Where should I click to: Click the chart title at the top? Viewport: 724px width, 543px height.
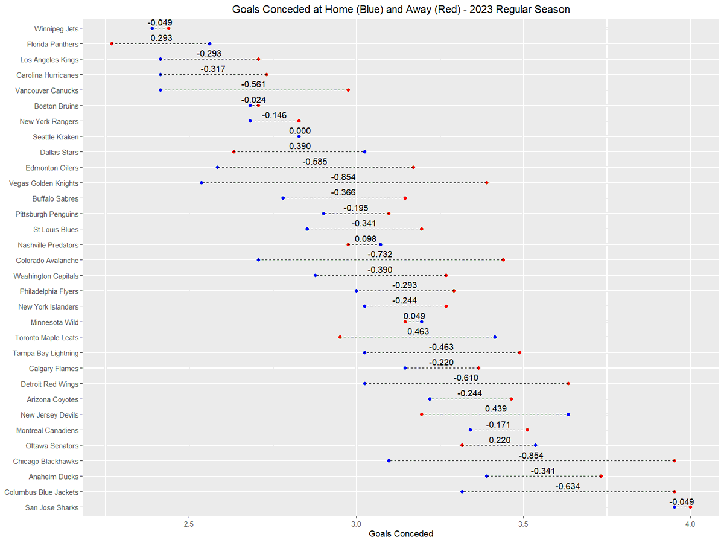[x=401, y=10]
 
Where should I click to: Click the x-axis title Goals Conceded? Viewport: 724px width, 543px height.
[x=401, y=533]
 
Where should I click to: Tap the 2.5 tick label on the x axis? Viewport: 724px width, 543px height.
[x=189, y=522]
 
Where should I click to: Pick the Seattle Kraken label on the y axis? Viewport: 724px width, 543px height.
[x=56, y=137]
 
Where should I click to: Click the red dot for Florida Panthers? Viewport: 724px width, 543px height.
[x=112, y=43]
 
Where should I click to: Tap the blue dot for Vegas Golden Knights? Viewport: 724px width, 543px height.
[x=202, y=183]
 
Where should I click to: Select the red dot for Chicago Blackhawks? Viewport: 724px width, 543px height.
[x=674, y=461]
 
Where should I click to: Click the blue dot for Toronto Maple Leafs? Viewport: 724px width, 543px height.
[x=495, y=337]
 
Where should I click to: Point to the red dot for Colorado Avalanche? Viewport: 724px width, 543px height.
[x=503, y=260]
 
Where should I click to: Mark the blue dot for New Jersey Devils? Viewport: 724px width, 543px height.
[x=568, y=414]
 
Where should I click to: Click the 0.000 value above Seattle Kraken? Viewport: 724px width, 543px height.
[x=300, y=131]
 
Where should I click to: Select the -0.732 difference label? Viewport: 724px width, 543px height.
[x=380, y=255]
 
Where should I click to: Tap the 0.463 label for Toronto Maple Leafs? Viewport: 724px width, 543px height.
[x=418, y=332]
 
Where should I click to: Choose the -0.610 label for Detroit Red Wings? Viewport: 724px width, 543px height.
[x=466, y=378]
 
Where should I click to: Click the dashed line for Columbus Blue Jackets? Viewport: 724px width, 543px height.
[x=568, y=492]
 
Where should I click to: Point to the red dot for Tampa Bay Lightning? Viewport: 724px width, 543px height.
[x=519, y=352]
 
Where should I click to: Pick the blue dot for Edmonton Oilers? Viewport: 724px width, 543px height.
[x=218, y=167]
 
